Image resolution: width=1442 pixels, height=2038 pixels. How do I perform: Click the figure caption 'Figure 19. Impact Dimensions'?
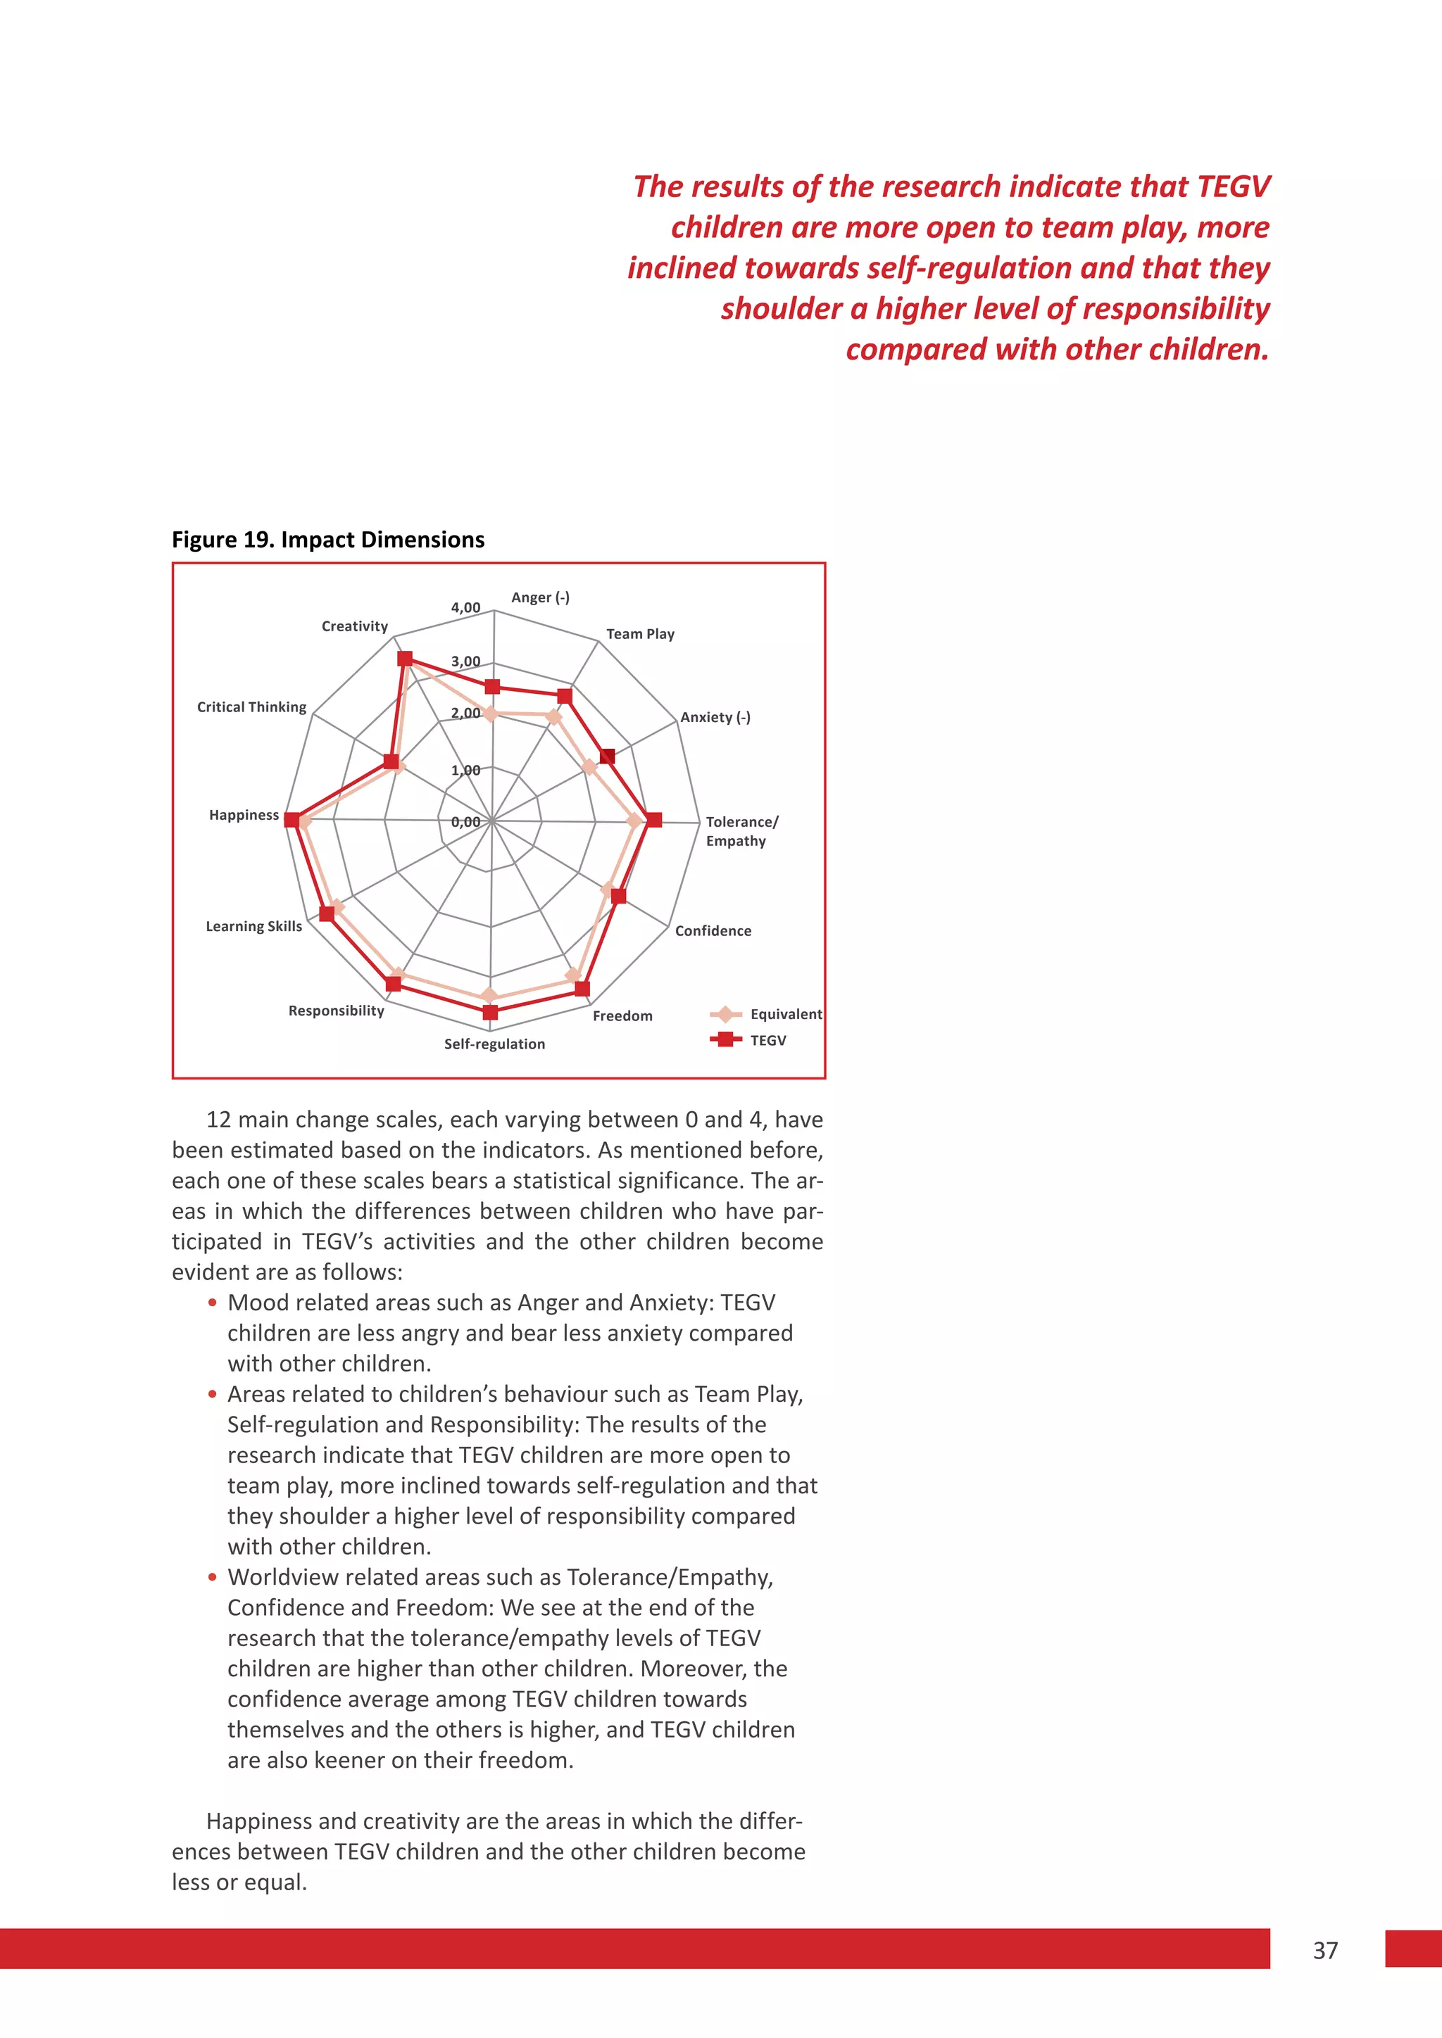click(x=327, y=540)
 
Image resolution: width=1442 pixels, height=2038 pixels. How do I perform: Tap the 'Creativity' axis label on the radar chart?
click(x=354, y=626)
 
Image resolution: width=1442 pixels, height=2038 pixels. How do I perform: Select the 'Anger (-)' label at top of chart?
click(x=540, y=597)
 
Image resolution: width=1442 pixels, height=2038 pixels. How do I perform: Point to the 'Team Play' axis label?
click(x=640, y=634)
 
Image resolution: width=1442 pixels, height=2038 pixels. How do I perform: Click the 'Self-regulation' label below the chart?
click(x=494, y=1044)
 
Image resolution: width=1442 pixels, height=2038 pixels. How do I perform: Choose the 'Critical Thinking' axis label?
click(x=251, y=707)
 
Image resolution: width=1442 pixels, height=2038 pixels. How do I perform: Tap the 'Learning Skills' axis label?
click(x=254, y=926)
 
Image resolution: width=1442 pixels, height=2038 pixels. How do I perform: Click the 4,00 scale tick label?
click(x=465, y=608)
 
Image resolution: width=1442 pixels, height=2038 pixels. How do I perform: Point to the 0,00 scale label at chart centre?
click(x=465, y=822)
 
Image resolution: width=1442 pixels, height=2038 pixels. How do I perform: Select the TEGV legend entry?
click(x=768, y=1040)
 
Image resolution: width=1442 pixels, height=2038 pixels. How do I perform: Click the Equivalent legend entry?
click(x=785, y=1013)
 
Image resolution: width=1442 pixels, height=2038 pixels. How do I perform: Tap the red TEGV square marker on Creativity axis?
click(x=405, y=659)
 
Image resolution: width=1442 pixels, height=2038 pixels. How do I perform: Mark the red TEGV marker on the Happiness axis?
click(x=291, y=819)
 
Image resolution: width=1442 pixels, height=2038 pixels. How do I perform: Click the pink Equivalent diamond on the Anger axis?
click(x=489, y=713)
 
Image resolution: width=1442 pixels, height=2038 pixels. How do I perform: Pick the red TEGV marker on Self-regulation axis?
click(x=490, y=1012)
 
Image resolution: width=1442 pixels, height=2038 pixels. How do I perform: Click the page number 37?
click(x=1325, y=1950)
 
